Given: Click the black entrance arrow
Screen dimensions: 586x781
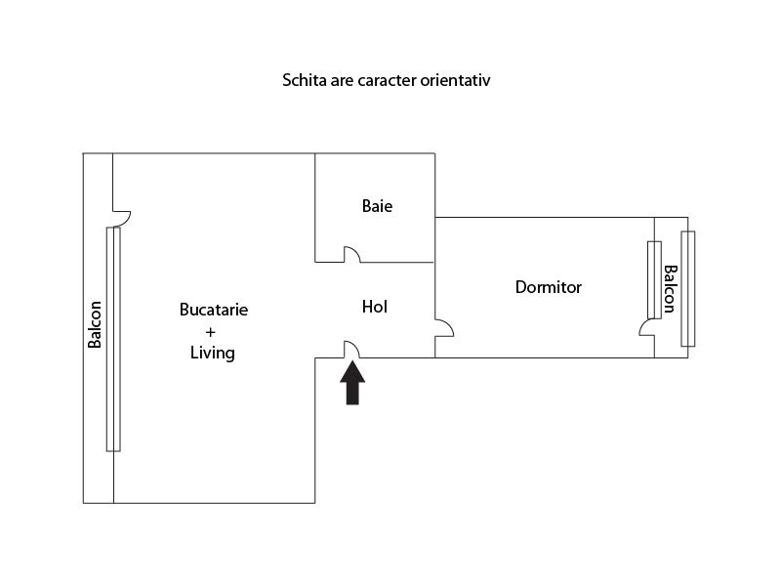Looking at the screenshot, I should point(352,383).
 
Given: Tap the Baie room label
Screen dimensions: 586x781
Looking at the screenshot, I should point(377,206).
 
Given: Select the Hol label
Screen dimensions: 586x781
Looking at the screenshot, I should point(375,307).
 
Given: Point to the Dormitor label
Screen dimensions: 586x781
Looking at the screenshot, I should point(548,287).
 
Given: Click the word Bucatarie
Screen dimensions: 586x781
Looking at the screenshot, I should point(214,310).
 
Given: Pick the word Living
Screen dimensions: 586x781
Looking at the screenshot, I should point(212,353).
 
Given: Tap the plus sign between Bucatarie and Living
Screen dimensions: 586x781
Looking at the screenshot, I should point(211,331).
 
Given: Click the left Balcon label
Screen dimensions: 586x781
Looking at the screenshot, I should point(95,323).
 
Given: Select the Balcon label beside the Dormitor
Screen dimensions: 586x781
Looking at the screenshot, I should point(670,289).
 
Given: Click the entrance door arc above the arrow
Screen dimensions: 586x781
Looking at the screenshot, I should point(353,349).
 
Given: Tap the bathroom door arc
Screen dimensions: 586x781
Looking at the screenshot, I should point(351,254).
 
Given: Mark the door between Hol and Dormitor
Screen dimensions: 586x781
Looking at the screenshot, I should point(444,328).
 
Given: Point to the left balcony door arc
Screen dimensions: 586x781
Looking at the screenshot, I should point(122,217).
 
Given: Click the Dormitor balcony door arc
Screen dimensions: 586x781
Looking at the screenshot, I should point(645,327).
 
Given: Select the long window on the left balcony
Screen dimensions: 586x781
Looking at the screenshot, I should point(113,338).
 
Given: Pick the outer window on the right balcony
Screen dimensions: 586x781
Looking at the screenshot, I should point(688,288).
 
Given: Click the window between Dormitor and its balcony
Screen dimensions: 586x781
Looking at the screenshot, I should point(655,278).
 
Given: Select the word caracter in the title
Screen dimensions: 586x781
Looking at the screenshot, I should point(384,80).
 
